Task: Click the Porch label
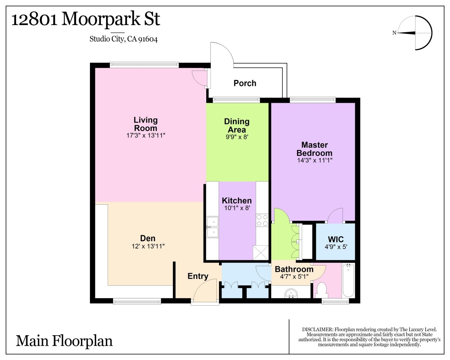coord(244,83)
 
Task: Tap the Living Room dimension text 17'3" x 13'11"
coord(146,135)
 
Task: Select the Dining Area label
coord(237,126)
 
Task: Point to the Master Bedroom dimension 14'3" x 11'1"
coord(315,160)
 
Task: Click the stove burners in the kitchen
coord(262,220)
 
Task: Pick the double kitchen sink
coord(213,227)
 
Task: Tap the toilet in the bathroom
coord(321,290)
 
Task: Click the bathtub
coord(348,280)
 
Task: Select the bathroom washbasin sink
coord(291,293)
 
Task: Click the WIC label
coord(336,239)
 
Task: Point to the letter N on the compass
coord(394,33)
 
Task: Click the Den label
coord(148,238)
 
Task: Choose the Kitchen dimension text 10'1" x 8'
coord(237,208)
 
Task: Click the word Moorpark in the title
coord(101,19)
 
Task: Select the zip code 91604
coord(148,39)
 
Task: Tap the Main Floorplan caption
coord(64,341)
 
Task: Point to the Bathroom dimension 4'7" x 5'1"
coord(294,277)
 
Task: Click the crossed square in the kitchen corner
coord(261,253)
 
